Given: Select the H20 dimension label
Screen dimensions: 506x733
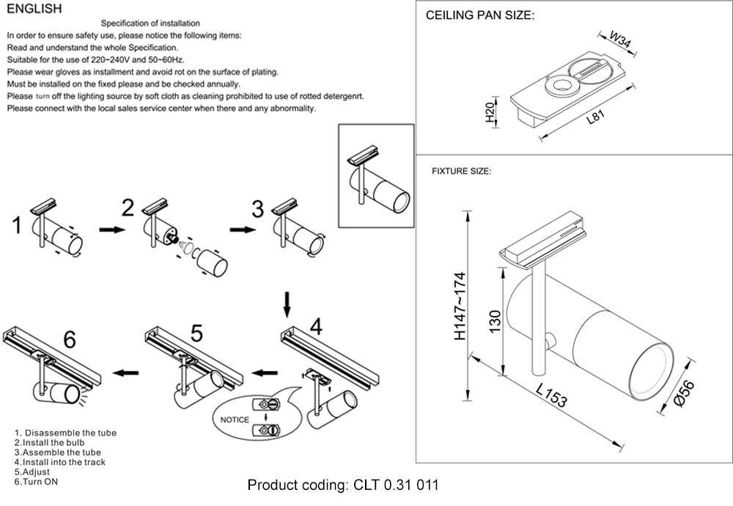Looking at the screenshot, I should click(x=490, y=112).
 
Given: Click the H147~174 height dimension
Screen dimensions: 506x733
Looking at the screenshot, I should click(x=460, y=306).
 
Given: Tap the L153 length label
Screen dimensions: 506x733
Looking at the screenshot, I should click(x=550, y=396).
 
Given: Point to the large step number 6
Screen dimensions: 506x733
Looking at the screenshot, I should click(x=70, y=340).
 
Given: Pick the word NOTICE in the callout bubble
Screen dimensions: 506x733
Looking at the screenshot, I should click(x=230, y=420).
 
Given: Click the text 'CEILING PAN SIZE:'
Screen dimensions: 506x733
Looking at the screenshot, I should click(x=480, y=15).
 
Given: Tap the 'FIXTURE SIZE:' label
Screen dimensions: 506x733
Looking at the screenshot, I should click(x=461, y=171).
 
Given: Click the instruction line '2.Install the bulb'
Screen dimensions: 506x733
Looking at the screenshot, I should click(x=49, y=443).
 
